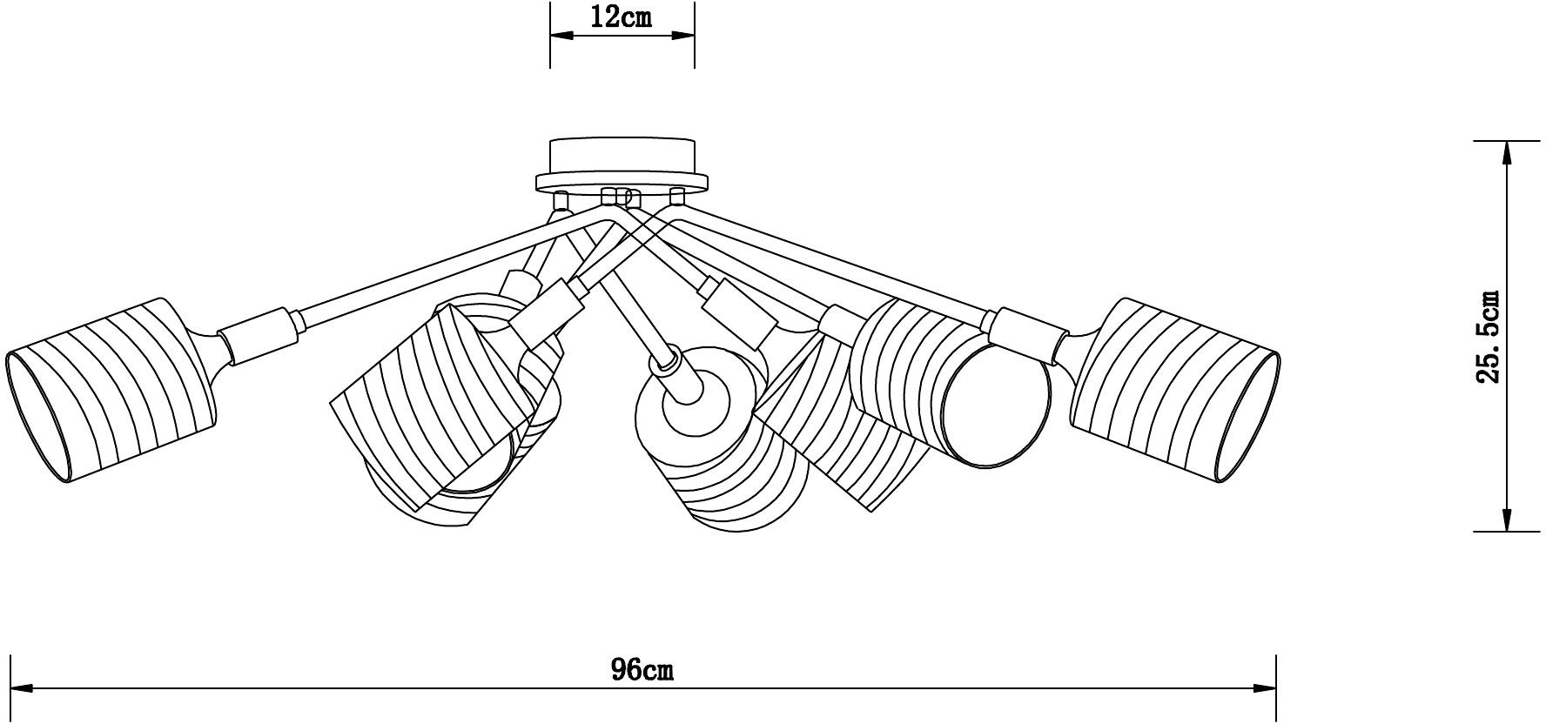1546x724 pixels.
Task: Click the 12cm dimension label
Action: [x=622, y=17]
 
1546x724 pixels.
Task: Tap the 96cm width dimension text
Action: [x=642, y=669]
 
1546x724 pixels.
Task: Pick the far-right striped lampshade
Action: [x=1175, y=389]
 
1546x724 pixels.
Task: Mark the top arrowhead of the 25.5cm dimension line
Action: [x=1506, y=153]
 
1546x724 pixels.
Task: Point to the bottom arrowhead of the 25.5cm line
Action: [x=1506, y=519]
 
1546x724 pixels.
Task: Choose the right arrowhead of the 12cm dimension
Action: [x=682, y=36]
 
